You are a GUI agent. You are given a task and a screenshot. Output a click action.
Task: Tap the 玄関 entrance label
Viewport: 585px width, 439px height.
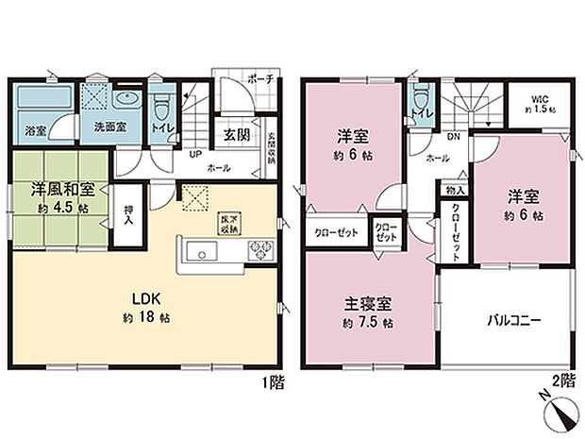pyautogui.click(x=236, y=133)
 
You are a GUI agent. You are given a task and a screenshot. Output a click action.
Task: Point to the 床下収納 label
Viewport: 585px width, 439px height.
pyautogui.click(x=228, y=223)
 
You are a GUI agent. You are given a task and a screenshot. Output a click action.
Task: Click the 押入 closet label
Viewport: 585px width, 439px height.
pyautogui.click(x=126, y=219)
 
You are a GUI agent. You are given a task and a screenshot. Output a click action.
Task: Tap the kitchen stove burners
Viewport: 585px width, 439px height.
pyautogui.click(x=259, y=249)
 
